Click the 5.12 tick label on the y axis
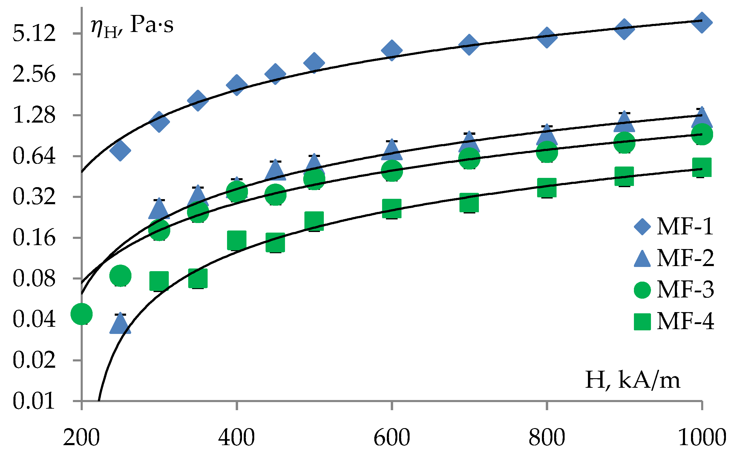pyautogui.click(x=34, y=33)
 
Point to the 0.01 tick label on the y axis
pyautogui.click(x=34, y=401)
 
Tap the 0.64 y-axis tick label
pyautogui.click(x=34, y=156)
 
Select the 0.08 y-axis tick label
pyautogui.click(x=34, y=279)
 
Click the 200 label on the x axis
pyautogui.click(x=81, y=437)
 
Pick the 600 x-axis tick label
pyautogui.click(x=392, y=437)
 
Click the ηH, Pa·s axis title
pyautogui.click(x=132, y=26)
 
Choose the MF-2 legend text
pyautogui.click(x=685, y=258)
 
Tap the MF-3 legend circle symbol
pyautogui.click(x=642, y=290)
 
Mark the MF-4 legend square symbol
pyautogui.click(x=642, y=321)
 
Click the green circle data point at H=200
pyautogui.click(x=82, y=314)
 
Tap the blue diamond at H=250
pyautogui.click(x=120, y=151)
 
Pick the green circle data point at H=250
pyautogui.click(x=120, y=275)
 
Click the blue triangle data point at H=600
pyautogui.click(x=392, y=151)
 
